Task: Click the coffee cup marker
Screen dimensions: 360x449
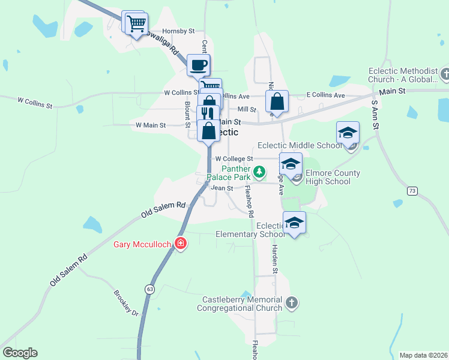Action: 198,65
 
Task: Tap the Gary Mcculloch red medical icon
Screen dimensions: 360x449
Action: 180,243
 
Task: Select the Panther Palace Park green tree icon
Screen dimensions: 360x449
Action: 259,172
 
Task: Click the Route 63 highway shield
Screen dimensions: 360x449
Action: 148,289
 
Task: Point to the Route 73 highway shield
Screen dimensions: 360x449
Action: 411,191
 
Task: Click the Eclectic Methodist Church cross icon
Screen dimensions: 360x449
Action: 444,74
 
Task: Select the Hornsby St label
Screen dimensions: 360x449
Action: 179,31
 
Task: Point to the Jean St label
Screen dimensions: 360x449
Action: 221,188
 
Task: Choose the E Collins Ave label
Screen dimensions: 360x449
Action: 325,95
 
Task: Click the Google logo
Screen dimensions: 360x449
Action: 20,353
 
